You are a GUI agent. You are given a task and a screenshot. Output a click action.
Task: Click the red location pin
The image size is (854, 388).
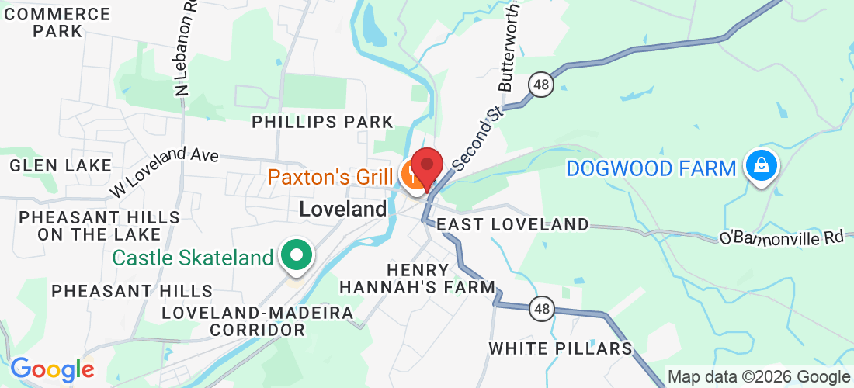426,166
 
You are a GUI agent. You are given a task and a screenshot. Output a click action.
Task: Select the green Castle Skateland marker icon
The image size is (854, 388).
296,255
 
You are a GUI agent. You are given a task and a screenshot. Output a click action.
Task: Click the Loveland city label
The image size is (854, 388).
342,209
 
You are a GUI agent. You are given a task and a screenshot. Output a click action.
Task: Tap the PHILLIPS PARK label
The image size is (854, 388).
323,122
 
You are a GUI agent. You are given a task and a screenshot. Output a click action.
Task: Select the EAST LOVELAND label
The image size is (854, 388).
513,225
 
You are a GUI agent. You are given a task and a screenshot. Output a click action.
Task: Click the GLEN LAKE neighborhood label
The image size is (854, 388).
61,165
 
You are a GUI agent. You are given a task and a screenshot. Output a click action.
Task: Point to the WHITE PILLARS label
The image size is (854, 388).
561,348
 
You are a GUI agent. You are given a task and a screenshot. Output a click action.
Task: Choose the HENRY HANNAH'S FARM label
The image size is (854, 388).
418,279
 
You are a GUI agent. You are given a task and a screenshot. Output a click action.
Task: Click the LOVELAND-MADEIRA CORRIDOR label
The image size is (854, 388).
258,320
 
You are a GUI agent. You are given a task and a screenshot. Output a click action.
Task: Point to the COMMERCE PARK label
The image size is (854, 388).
57,23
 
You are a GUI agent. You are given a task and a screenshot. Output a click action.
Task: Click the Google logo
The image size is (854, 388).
51,369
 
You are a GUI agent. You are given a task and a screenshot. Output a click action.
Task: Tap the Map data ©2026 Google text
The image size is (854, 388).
759,377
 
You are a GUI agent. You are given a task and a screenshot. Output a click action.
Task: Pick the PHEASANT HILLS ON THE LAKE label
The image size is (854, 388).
99,225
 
